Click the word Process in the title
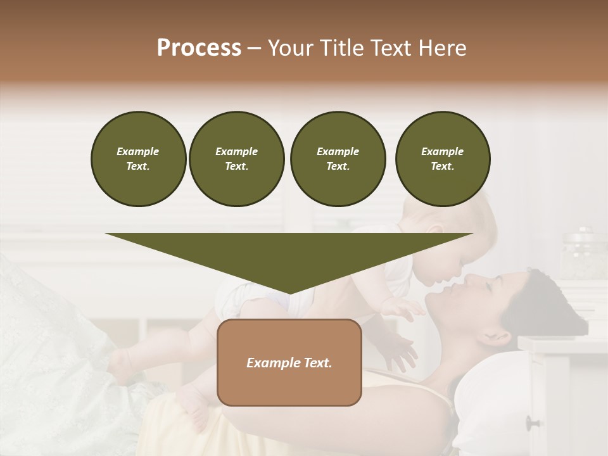click(199, 48)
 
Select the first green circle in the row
click(138, 158)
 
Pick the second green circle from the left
click(236, 158)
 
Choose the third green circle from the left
click(338, 158)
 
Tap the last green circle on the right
click(442, 158)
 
